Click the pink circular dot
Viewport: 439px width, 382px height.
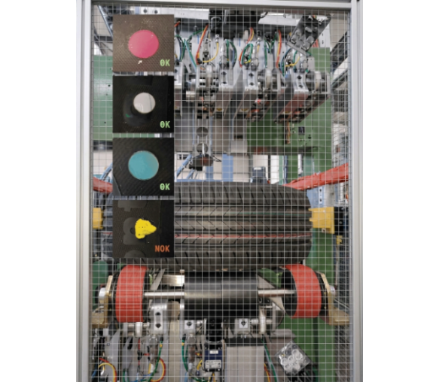click(x=144, y=44)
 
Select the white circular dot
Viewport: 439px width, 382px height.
click(x=144, y=102)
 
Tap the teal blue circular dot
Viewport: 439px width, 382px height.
click(x=143, y=165)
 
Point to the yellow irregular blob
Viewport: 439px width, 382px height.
click(x=145, y=229)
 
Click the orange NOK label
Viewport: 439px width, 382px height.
click(x=162, y=248)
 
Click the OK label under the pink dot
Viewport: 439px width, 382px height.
click(x=165, y=63)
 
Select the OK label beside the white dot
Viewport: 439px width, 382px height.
click(x=165, y=124)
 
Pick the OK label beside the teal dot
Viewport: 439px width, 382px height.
click(x=165, y=186)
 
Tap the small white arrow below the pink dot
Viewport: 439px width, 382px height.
click(x=140, y=62)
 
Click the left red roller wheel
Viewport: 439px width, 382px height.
click(x=130, y=293)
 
